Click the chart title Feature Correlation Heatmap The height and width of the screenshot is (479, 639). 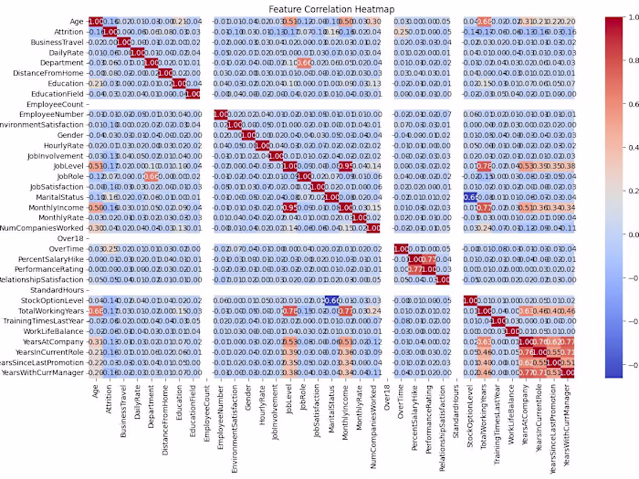point(319,8)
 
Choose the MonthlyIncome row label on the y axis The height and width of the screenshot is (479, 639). point(54,206)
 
